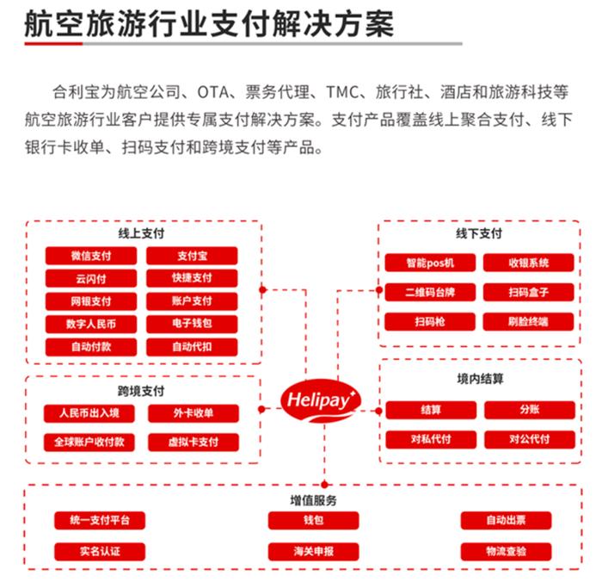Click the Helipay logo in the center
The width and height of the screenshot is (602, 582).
click(x=321, y=400)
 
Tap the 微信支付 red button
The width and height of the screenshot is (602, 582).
click(x=91, y=256)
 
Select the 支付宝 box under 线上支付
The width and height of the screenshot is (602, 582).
click(x=192, y=256)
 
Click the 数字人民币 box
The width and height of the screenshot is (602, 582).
click(x=91, y=324)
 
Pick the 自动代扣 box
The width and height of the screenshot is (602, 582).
click(x=192, y=347)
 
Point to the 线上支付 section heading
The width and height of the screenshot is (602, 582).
click(x=141, y=233)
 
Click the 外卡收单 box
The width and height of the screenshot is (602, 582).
click(x=193, y=413)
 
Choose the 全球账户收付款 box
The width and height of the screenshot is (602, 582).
click(x=89, y=442)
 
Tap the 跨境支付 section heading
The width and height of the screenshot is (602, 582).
click(x=141, y=392)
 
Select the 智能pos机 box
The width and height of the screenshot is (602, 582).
click(x=430, y=263)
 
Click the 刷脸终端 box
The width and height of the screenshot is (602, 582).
click(x=528, y=321)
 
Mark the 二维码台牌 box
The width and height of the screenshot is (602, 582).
click(x=430, y=292)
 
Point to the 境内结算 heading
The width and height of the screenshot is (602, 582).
click(x=480, y=379)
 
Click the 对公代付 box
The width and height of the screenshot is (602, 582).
click(x=530, y=439)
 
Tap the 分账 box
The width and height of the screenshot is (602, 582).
click(x=530, y=410)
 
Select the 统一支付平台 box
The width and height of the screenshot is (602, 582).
click(x=100, y=521)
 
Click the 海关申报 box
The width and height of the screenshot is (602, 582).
click(x=314, y=552)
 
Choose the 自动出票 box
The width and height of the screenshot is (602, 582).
click(x=506, y=521)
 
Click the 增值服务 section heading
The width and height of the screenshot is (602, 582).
click(x=313, y=500)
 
